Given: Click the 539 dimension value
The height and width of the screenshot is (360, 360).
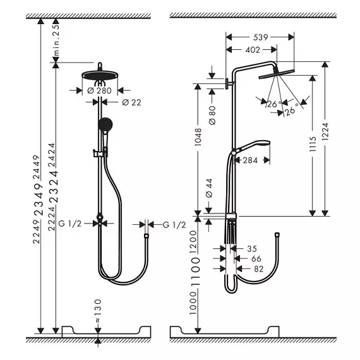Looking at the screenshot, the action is click(x=261, y=37).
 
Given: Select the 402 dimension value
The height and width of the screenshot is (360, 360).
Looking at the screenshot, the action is click(x=253, y=50).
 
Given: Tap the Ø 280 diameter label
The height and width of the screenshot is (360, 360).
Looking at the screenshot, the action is click(x=99, y=90).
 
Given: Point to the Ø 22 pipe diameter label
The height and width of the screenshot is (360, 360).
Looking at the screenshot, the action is click(x=131, y=102).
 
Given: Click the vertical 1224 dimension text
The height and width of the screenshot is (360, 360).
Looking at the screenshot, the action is click(x=325, y=131).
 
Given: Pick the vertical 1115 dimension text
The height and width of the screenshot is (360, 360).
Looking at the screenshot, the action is click(x=313, y=144).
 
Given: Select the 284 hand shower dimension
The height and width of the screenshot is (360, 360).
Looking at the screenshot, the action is click(x=250, y=160).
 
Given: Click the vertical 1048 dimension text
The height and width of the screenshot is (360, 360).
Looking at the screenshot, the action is click(x=198, y=137).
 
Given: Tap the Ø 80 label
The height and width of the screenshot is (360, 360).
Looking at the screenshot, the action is click(x=212, y=115).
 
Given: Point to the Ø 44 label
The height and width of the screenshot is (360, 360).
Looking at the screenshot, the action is click(x=209, y=188).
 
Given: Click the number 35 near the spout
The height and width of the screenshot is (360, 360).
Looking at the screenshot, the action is click(x=252, y=248).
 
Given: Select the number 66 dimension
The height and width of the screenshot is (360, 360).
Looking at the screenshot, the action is click(x=256, y=258).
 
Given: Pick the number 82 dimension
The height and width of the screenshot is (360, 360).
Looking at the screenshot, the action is click(x=258, y=268).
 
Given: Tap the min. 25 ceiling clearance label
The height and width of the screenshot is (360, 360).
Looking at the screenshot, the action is click(x=56, y=40).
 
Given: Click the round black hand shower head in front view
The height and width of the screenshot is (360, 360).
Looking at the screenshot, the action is click(x=105, y=124).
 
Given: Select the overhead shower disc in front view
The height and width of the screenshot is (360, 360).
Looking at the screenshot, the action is click(x=100, y=75).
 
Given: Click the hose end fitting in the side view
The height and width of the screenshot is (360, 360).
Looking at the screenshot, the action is click(x=277, y=235).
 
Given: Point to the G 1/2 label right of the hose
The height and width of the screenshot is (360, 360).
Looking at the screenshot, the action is click(x=174, y=225).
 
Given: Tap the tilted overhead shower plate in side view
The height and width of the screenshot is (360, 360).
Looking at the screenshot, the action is click(x=277, y=74).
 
